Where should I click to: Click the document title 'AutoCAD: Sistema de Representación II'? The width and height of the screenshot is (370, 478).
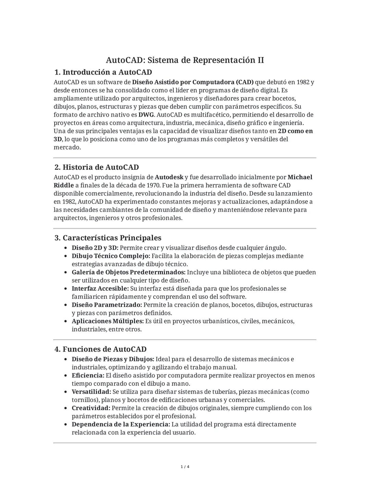185,60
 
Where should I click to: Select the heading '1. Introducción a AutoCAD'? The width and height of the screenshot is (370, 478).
103,72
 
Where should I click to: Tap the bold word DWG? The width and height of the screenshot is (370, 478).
146,115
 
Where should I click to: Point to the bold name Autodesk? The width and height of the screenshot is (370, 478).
169,177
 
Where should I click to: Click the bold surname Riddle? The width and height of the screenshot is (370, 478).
64,185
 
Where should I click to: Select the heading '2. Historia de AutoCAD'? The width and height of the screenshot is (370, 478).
97,167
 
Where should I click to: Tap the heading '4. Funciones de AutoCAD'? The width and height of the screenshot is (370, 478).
100,349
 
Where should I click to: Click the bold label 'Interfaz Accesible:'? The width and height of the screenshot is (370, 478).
100,289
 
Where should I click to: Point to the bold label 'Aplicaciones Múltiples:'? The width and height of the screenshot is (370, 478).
108,321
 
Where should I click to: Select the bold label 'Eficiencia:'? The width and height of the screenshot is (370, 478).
88,376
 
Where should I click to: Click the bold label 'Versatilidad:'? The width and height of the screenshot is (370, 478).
91,392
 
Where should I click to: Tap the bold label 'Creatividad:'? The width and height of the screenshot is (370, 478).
91,408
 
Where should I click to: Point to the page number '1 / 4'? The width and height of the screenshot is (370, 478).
185,467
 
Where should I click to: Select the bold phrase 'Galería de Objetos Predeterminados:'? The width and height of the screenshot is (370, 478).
128,272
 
